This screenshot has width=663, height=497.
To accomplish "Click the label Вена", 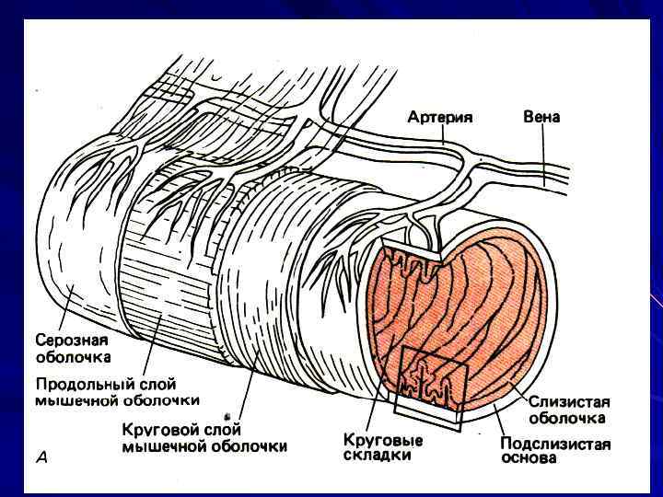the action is tap(541, 118).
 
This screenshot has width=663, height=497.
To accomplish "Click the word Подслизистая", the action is tap(554, 442).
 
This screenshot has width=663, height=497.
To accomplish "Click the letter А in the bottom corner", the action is tap(41, 456).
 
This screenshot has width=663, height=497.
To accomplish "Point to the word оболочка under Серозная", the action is tap(74, 356).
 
